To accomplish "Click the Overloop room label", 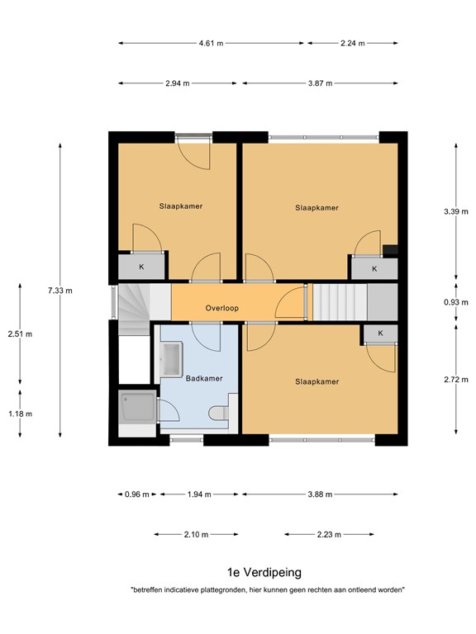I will point(222,309).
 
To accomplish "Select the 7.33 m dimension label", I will point(59,291).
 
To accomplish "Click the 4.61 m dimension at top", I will point(212,43).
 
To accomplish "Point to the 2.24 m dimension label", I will point(353,43).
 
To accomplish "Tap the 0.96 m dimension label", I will point(137,494).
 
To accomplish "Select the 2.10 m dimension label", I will point(195,534).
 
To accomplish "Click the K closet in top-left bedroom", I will point(141,267).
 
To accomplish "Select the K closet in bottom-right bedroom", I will point(380,333).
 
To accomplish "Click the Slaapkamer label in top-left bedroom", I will point(181,206).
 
